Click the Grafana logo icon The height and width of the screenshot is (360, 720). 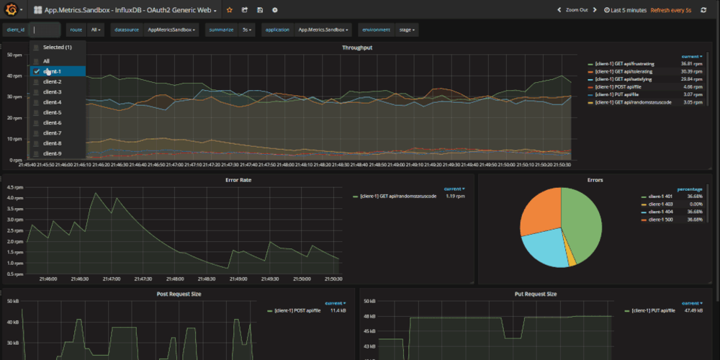tap(11, 9)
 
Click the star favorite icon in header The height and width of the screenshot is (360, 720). tap(230, 10)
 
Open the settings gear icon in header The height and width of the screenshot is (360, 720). tap(274, 10)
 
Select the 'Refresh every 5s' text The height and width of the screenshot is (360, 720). tap(670, 10)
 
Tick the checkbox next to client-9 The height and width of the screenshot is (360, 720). tap(36, 153)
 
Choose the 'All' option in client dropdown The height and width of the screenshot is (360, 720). tap(46, 61)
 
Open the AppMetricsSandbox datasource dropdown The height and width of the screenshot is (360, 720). tap(171, 30)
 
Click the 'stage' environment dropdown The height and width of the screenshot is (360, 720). tap(406, 30)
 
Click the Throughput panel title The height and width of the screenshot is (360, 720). tap(357, 48)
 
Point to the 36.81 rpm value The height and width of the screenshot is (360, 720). tap(691, 64)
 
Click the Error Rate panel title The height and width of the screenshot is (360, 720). tap(238, 179)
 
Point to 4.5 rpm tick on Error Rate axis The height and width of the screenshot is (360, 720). tap(14, 187)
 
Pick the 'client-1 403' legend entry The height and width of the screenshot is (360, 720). tap(661, 204)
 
